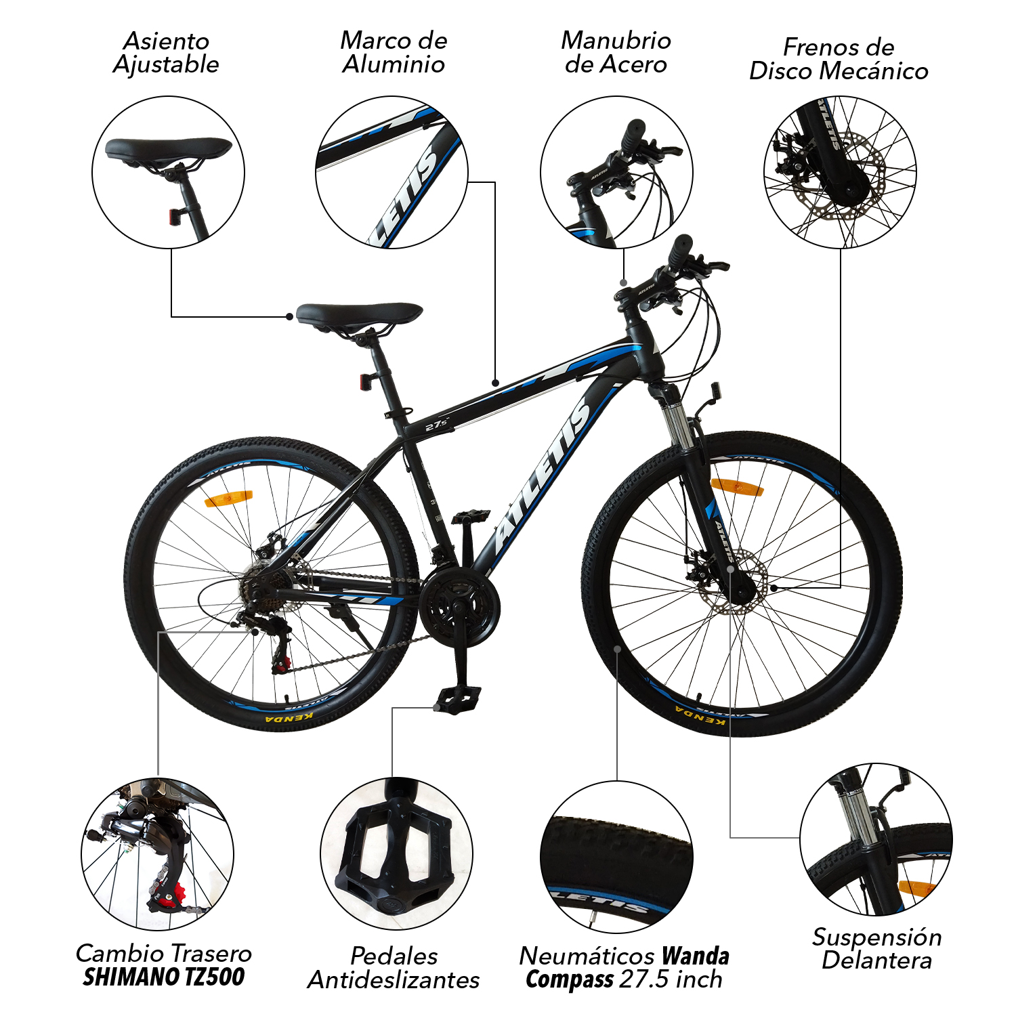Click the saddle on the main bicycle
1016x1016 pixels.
point(359,314)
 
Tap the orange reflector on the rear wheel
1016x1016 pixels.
point(228,499)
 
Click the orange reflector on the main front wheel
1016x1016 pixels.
point(737,486)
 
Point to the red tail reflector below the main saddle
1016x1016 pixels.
point(366,382)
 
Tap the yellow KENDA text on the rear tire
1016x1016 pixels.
point(289,717)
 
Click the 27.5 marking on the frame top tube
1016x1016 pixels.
point(438,425)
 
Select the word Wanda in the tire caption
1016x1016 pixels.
point(696,956)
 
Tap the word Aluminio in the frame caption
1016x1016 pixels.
point(394,64)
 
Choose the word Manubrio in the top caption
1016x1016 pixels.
point(616,41)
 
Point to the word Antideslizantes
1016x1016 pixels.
point(394,979)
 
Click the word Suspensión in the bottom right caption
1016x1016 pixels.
point(877,937)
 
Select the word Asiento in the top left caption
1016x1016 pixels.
point(167,41)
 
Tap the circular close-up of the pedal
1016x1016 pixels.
point(396,853)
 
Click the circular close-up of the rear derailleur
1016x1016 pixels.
point(158,853)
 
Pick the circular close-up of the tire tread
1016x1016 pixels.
point(616,857)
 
